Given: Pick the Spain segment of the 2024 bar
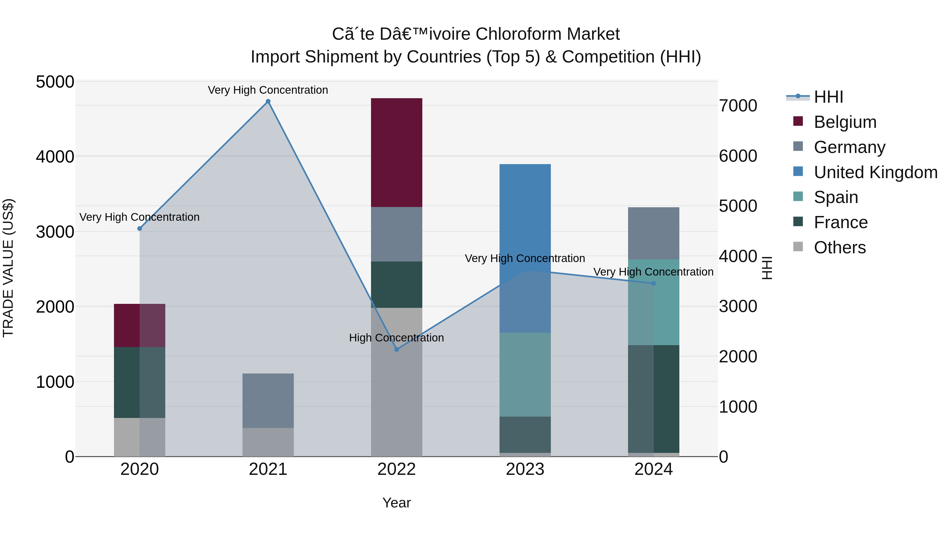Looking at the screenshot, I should tap(653, 302).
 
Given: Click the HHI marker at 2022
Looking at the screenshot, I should tap(397, 349).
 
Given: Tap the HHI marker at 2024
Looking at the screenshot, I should tap(653, 283).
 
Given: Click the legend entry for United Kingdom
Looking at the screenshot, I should tap(875, 172).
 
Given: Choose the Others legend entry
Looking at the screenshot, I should tap(839, 247).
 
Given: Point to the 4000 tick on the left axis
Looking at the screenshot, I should tap(55, 156).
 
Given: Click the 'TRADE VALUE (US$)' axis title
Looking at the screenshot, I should tap(8, 268).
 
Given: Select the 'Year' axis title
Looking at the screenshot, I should tap(397, 503).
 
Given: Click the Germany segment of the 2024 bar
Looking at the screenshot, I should tap(653, 233).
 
